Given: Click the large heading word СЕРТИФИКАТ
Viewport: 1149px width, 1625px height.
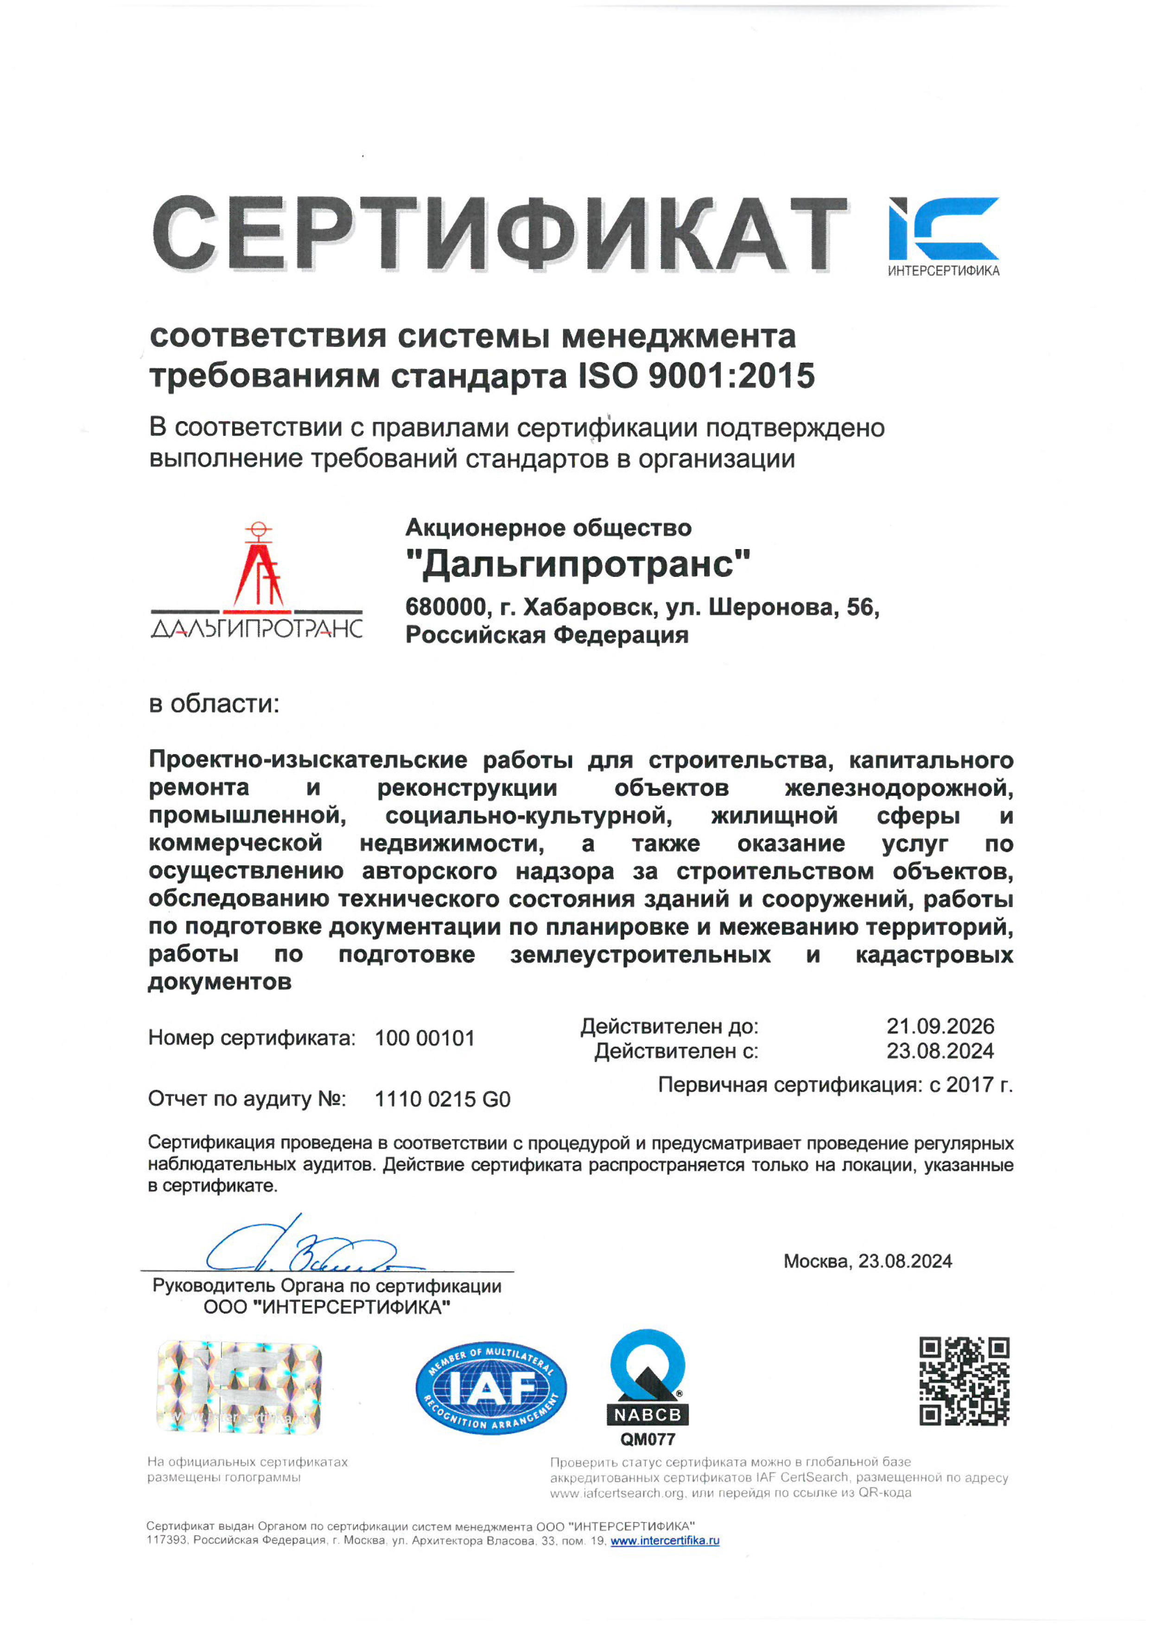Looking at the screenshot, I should click(500, 234).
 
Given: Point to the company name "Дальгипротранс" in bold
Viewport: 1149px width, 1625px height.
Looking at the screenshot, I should click(578, 565).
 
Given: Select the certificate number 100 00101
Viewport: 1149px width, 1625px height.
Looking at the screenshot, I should click(425, 1038).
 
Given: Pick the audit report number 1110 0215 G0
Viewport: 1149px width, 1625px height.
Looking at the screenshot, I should click(442, 1099).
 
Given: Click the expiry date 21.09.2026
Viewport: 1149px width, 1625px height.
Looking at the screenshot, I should click(940, 1026).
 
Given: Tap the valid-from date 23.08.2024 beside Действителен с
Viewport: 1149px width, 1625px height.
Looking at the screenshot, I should click(940, 1051).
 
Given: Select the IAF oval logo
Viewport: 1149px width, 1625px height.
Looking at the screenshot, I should click(491, 1388).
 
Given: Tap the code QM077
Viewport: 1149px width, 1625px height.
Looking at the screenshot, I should click(648, 1439).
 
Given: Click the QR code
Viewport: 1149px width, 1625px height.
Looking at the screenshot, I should click(965, 1382).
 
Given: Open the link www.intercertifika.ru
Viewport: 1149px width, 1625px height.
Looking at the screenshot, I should click(665, 1541).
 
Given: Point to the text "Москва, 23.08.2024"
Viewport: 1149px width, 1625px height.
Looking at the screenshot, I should click(867, 1261).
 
